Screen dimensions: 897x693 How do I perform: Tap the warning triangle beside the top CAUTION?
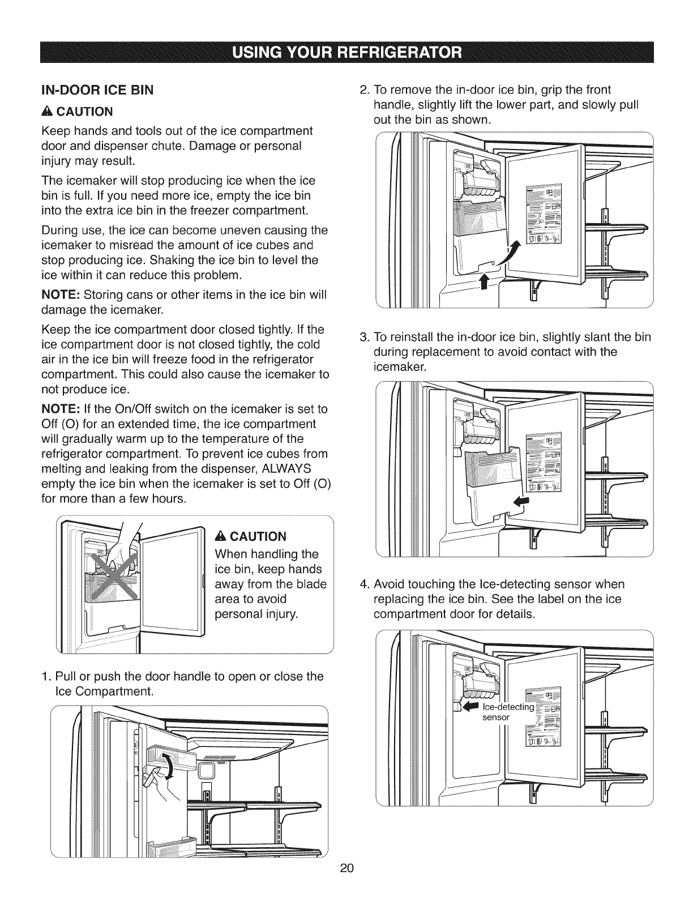pos(48,110)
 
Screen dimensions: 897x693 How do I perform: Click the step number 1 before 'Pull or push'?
pos(46,677)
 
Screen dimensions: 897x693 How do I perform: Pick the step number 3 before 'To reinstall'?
pos(365,338)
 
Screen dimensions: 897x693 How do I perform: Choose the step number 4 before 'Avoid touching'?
pos(365,584)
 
